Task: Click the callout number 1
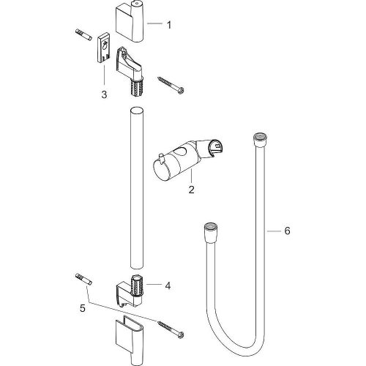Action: (168, 25)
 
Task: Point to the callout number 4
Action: (168, 286)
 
